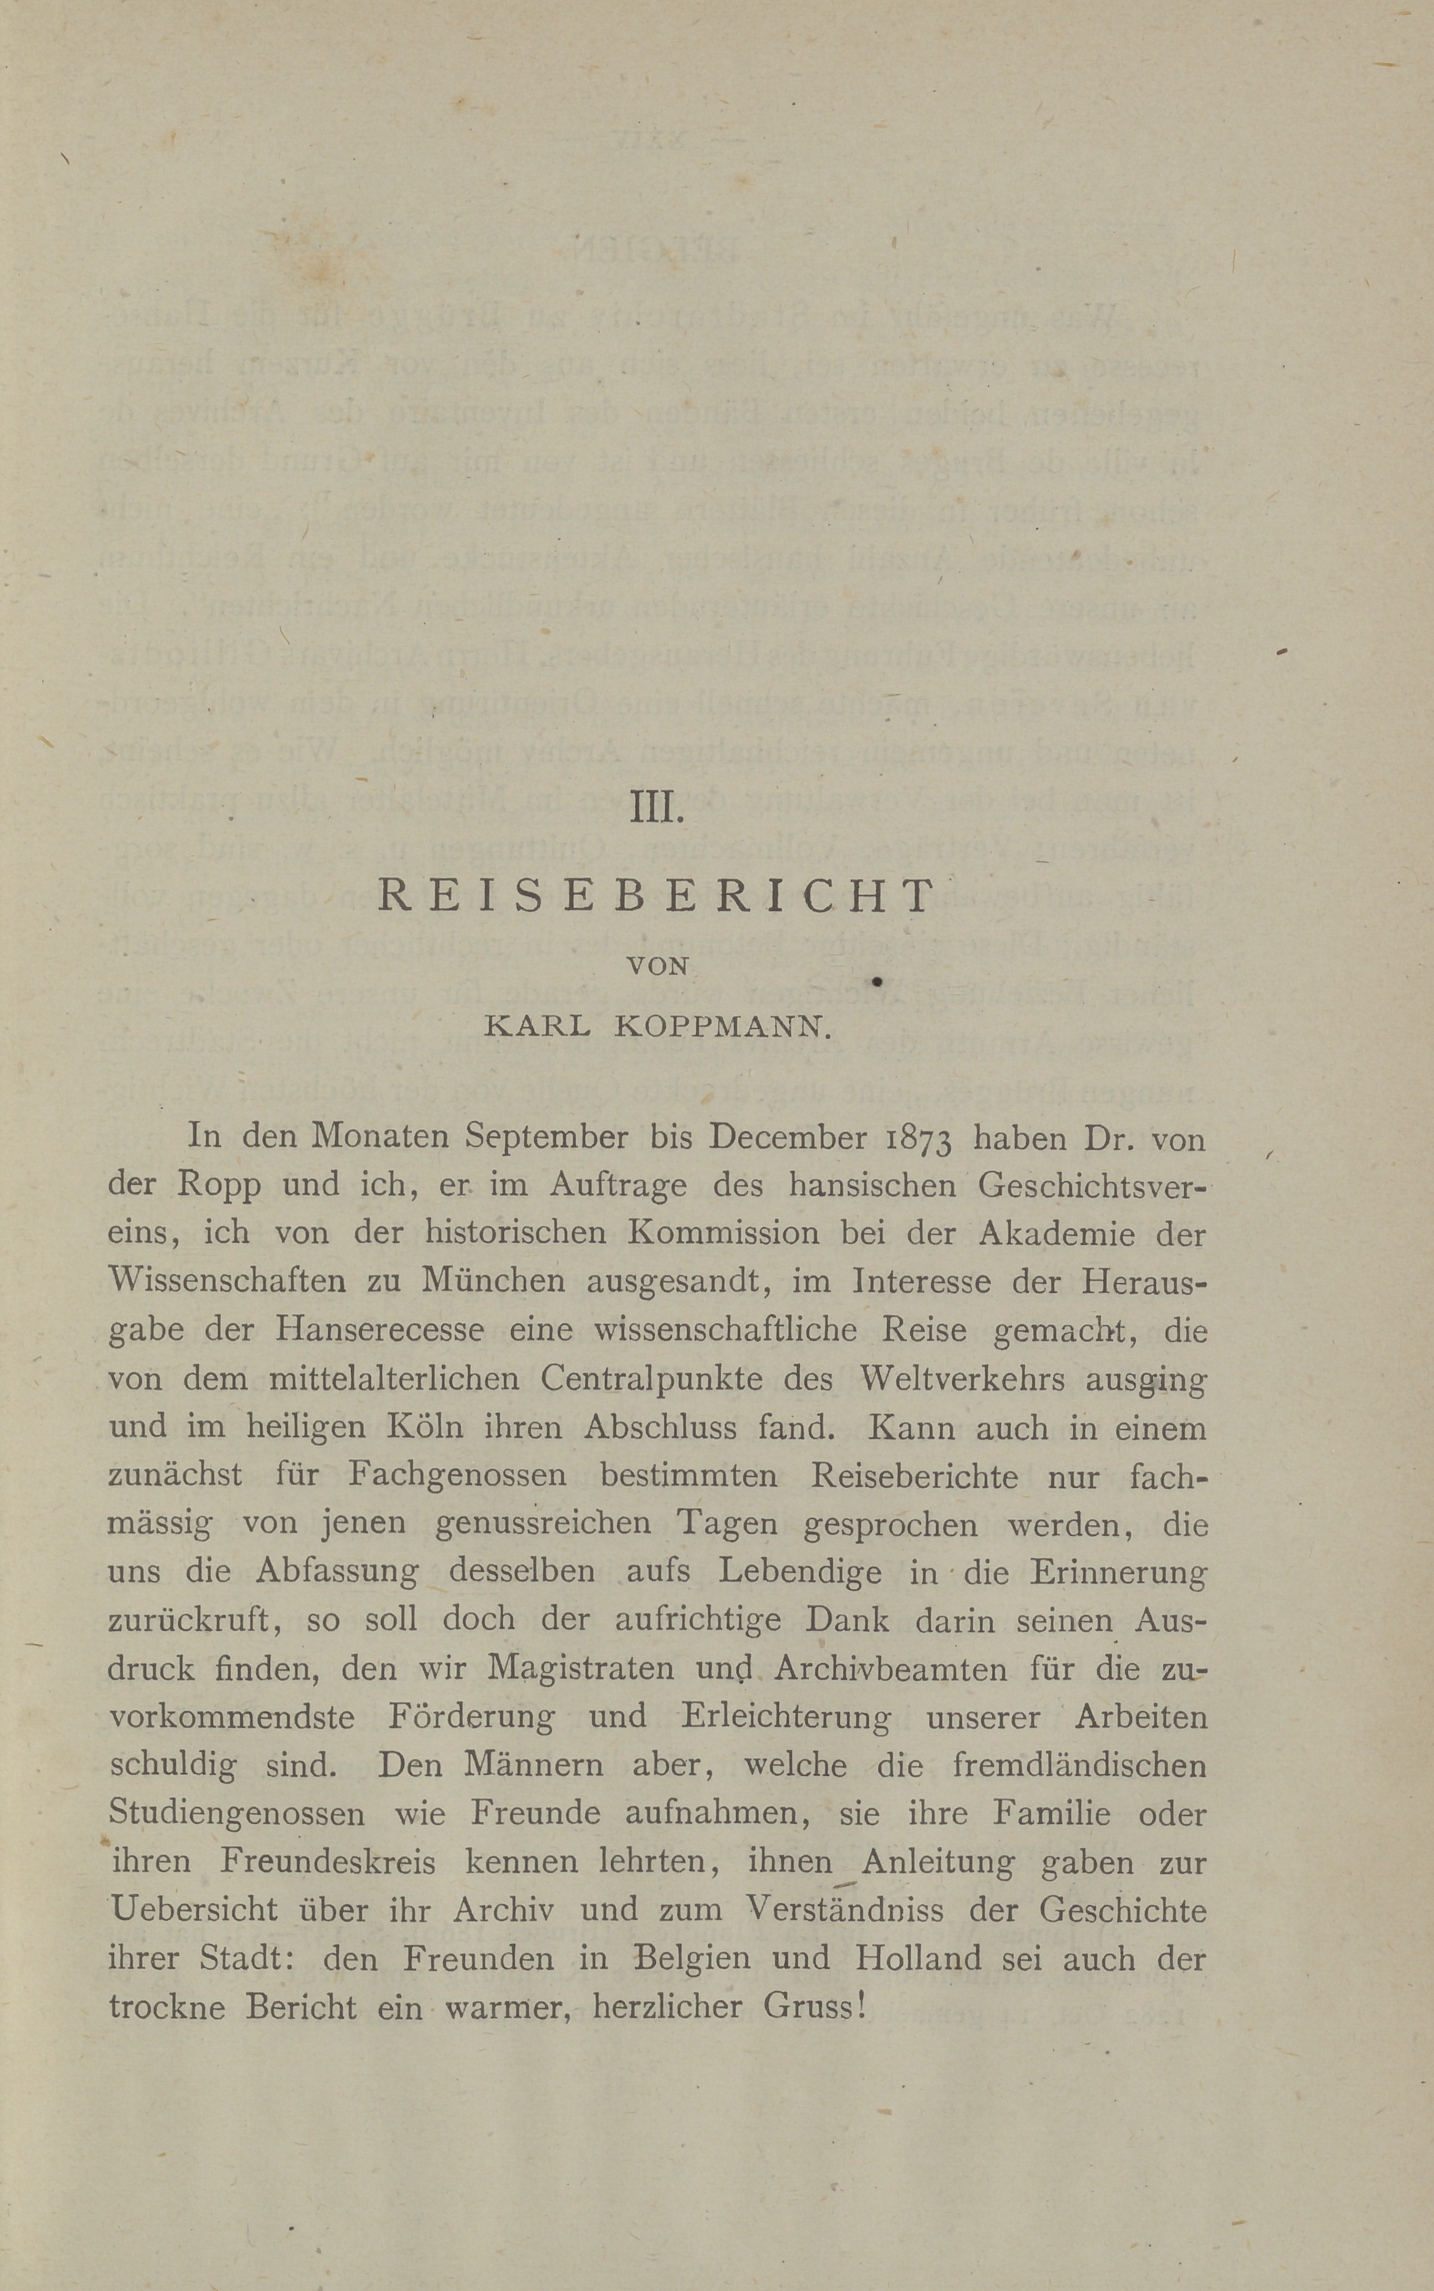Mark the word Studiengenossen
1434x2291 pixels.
click(x=236, y=1814)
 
